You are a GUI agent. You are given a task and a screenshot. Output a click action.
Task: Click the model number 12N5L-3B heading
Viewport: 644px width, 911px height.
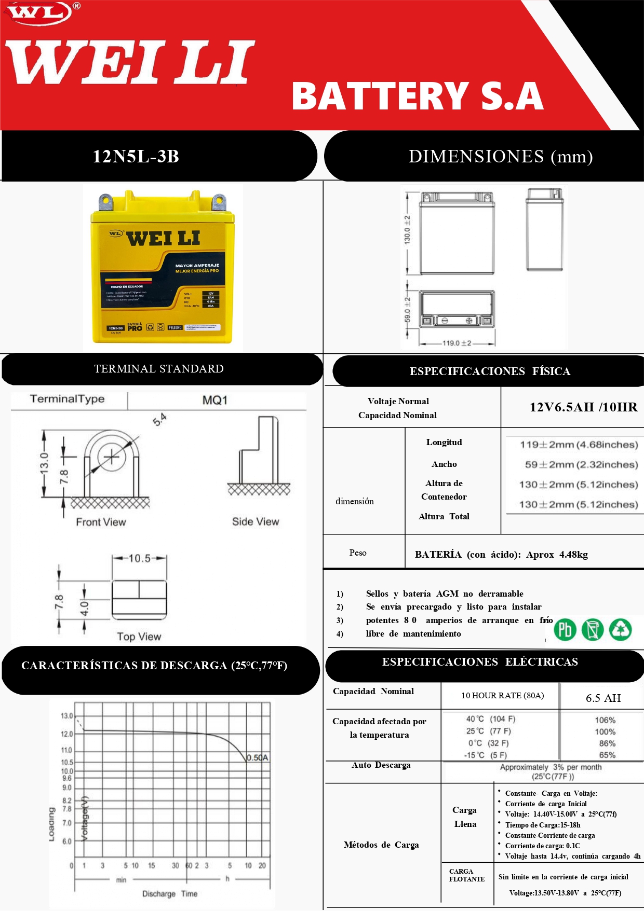tap(136, 156)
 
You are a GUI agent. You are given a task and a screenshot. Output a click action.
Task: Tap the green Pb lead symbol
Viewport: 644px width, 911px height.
tap(565, 630)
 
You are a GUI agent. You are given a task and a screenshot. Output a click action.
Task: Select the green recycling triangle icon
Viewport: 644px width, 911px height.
tap(620, 630)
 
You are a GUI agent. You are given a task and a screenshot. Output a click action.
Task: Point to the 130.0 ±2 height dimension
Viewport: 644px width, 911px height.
tap(407, 229)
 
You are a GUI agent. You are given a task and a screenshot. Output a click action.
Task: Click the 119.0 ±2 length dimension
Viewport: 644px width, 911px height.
tap(457, 343)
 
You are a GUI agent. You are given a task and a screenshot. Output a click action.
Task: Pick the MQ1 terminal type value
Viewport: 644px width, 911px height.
tap(215, 400)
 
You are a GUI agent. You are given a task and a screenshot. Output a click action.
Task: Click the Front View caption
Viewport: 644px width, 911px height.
tap(101, 522)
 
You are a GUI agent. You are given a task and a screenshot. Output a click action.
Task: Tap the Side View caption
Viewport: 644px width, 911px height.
tap(255, 521)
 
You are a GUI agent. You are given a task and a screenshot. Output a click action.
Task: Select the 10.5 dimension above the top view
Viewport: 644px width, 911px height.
tap(139, 558)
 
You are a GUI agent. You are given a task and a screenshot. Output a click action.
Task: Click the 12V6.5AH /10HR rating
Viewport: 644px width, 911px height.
tap(583, 407)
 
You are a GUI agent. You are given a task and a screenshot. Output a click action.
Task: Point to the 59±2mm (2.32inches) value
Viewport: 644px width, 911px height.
tap(581, 464)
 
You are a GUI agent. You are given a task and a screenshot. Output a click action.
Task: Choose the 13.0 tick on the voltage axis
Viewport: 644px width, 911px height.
tap(67, 716)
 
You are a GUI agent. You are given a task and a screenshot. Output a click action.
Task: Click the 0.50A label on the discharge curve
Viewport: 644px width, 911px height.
tap(258, 757)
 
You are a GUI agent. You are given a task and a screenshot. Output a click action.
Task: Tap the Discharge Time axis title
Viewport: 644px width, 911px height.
tap(170, 894)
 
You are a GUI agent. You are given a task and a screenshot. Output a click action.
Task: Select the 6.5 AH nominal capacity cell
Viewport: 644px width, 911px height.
tap(603, 698)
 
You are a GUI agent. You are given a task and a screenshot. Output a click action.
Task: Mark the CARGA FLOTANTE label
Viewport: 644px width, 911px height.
tap(466, 875)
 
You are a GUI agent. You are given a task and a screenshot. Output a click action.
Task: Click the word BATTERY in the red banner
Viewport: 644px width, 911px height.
tap(380, 96)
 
